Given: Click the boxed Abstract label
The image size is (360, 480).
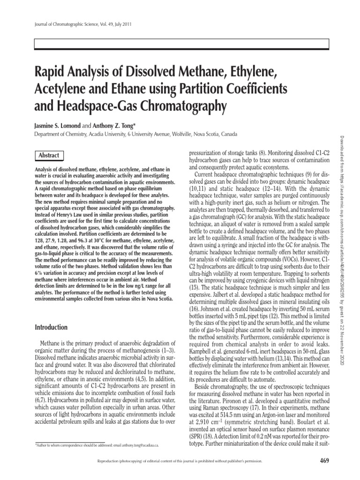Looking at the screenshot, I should point(49,156).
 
